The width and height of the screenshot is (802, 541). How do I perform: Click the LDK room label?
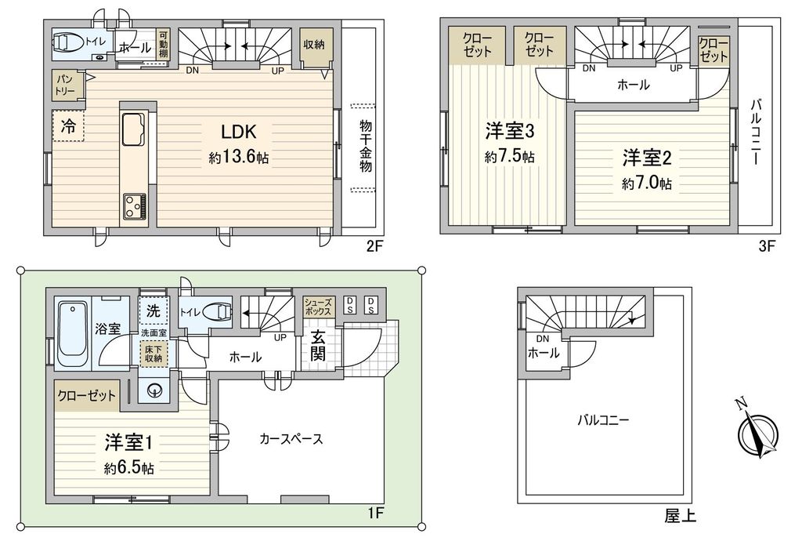pos(238,132)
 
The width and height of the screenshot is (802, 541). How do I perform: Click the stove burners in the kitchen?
pos(135,207)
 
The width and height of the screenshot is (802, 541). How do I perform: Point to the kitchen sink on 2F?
pos(133,129)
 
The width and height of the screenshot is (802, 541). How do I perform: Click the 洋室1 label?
pos(128,443)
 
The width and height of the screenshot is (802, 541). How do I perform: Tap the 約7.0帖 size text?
pos(646,183)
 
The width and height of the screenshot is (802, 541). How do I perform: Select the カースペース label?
pos(291,438)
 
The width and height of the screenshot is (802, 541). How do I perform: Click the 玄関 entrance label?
pos(318,346)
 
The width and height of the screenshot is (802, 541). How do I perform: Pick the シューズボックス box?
pos(318,307)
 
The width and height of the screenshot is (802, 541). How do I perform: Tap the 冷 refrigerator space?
pos(68,126)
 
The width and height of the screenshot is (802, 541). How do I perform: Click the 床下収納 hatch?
pos(153,353)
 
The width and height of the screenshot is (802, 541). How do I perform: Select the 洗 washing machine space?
pos(153,310)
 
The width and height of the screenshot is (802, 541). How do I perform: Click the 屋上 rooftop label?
pos(680,515)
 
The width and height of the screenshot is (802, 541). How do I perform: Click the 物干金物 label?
pos(365,147)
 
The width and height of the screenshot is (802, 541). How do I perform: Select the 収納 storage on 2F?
pos(314,45)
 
